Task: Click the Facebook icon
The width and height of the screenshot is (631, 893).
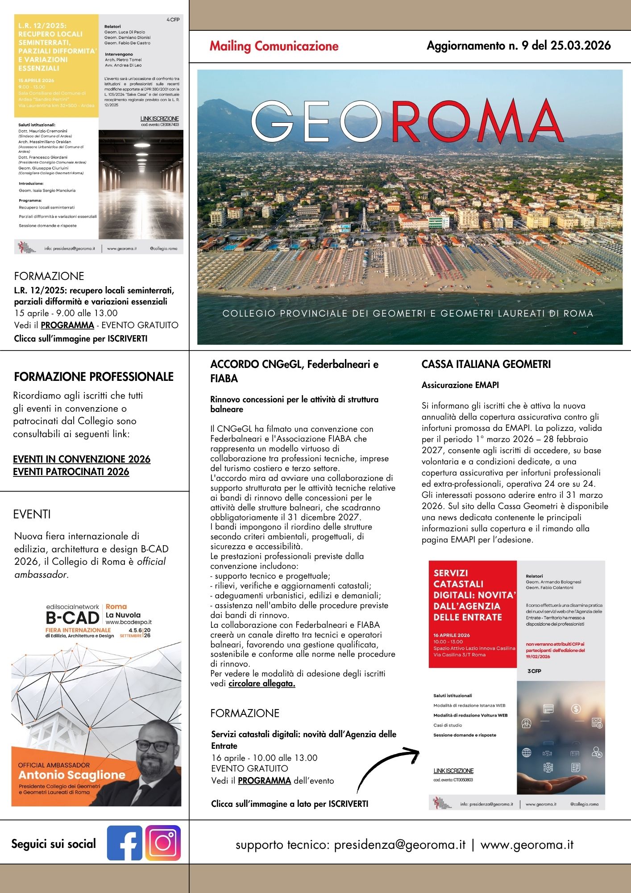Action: pyautogui.click(x=125, y=843)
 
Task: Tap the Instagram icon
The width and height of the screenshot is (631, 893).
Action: pyautogui.click(x=163, y=843)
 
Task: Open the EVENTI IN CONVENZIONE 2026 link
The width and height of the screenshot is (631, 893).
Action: pyautogui.click(x=82, y=459)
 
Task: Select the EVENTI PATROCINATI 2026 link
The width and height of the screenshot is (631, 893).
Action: pyautogui.click(x=71, y=472)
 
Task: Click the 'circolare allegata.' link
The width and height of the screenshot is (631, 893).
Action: pyautogui.click(x=262, y=684)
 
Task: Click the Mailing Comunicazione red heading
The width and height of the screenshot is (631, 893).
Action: pyautogui.click(x=274, y=46)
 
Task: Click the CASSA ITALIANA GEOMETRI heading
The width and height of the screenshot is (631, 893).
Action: pyautogui.click(x=486, y=364)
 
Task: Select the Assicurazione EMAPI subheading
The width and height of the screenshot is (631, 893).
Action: pyautogui.click(x=460, y=385)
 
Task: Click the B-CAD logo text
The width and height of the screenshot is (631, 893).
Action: pyautogui.click(x=72, y=618)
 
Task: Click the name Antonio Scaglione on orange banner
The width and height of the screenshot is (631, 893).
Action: pyautogui.click(x=72, y=775)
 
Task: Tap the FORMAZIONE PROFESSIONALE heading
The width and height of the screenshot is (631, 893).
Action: pyautogui.click(x=94, y=377)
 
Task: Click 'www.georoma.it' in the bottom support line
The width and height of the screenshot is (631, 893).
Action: pyautogui.click(x=527, y=845)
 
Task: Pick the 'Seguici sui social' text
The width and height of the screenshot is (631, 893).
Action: pyautogui.click(x=54, y=844)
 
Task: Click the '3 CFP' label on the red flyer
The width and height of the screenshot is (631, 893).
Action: pyautogui.click(x=534, y=671)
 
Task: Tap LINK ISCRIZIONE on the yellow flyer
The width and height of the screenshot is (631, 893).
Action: pyautogui.click(x=159, y=119)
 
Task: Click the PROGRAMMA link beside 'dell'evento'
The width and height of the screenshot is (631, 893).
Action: pyautogui.click(x=264, y=780)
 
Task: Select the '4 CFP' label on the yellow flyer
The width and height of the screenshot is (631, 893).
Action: pyautogui.click(x=173, y=20)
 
